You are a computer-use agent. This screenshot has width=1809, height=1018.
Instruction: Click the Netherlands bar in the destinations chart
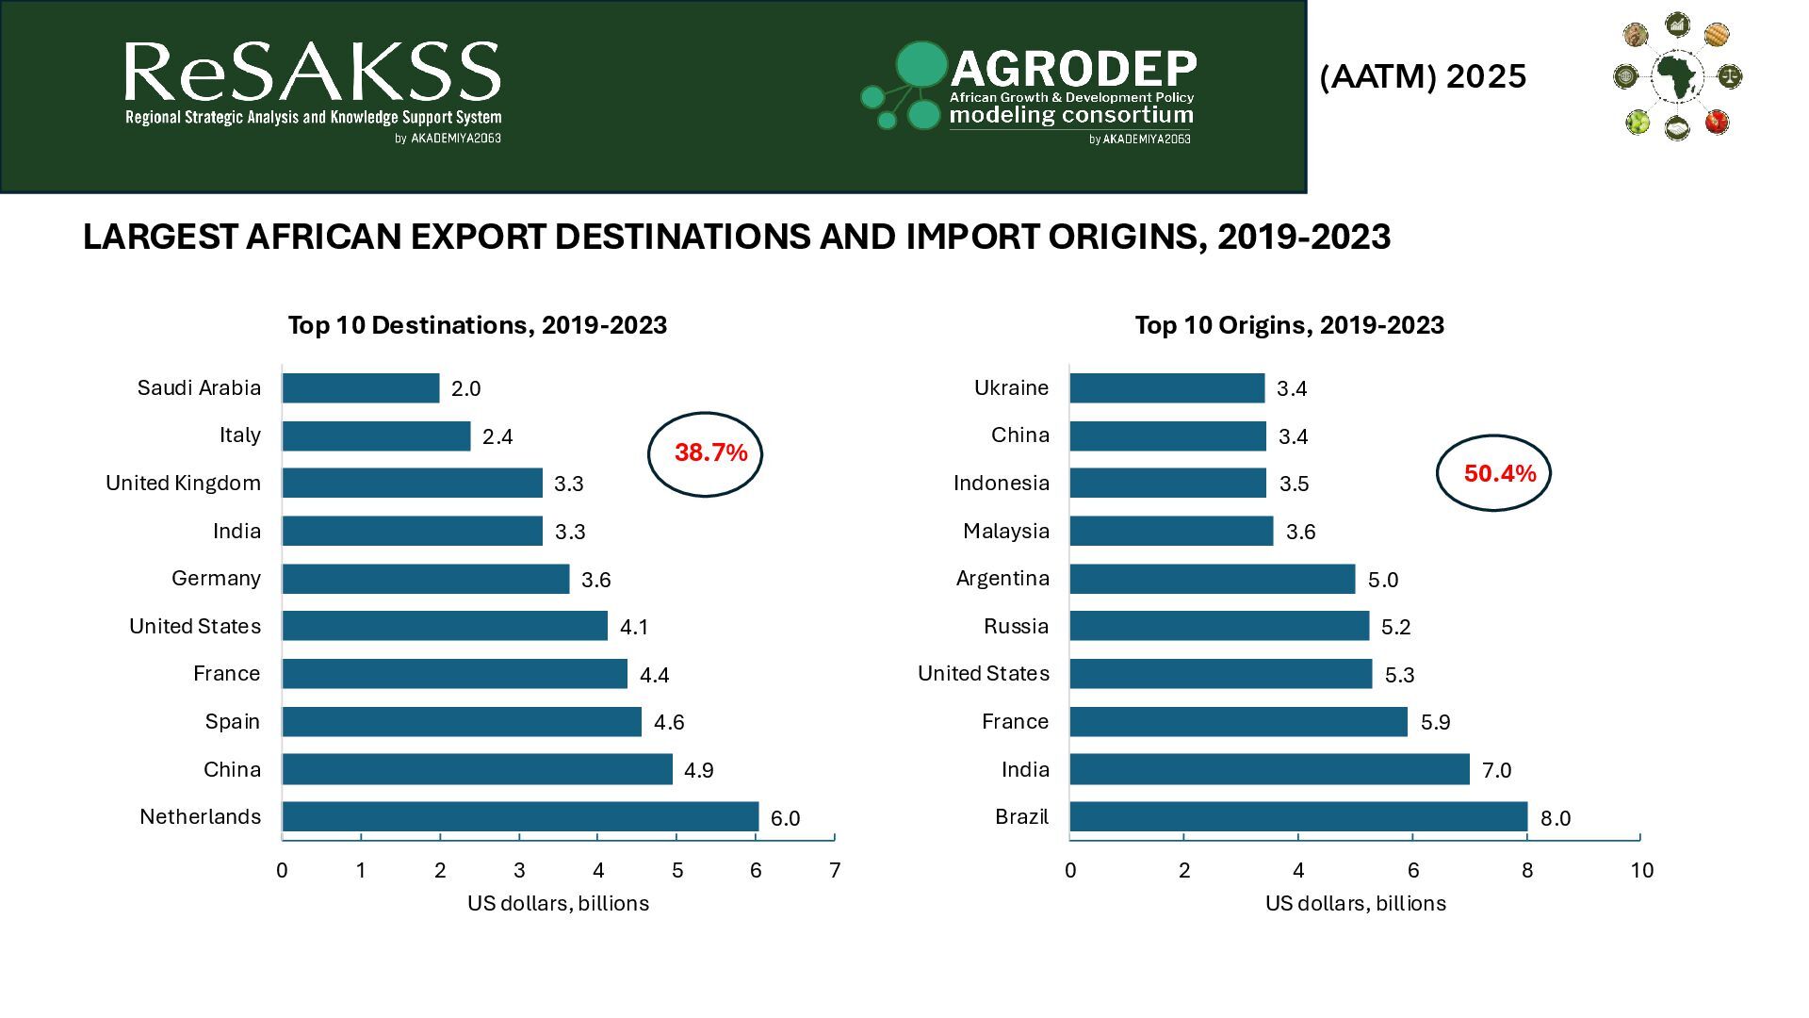(x=520, y=816)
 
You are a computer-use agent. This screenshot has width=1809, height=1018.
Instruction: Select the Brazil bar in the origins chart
(x=1298, y=816)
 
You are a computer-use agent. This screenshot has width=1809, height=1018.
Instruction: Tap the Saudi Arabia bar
(x=361, y=387)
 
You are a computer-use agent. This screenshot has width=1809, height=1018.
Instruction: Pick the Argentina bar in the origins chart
(x=1213, y=579)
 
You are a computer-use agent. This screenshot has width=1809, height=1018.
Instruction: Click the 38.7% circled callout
(x=706, y=453)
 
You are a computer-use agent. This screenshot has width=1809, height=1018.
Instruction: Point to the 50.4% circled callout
(x=1493, y=473)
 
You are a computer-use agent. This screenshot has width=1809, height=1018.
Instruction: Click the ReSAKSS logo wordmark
(x=312, y=74)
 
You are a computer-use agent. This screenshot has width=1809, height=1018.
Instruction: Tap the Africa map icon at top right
(x=1677, y=75)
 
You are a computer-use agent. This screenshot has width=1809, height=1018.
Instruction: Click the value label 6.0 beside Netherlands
(x=785, y=818)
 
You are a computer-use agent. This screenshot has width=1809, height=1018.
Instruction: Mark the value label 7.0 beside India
(x=1496, y=770)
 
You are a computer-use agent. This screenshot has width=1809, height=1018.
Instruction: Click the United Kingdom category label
(x=183, y=483)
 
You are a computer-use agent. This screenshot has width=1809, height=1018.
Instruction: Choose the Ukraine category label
(x=1011, y=387)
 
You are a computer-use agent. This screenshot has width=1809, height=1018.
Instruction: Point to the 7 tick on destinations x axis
(x=835, y=870)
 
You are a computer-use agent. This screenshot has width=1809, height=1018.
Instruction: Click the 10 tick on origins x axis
(x=1641, y=870)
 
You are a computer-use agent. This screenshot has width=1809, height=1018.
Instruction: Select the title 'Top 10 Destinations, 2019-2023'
(x=477, y=325)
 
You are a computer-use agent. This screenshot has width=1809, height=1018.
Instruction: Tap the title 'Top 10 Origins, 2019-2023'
(x=1289, y=325)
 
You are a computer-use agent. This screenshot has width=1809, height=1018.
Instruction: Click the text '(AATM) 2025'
(x=1423, y=76)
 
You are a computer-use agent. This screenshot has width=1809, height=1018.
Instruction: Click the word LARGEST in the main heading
(x=159, y=237)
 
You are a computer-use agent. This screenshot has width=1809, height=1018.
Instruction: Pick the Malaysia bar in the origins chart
(x=1171, y=531)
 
